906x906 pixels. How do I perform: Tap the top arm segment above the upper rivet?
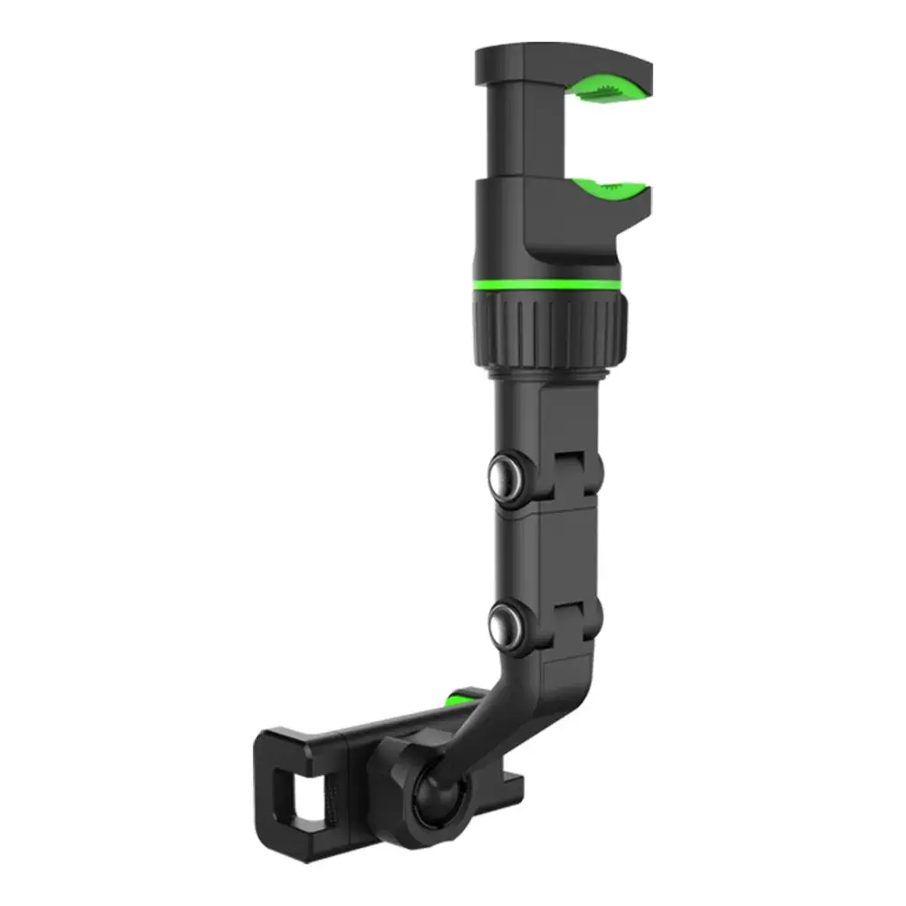pos(535,417)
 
